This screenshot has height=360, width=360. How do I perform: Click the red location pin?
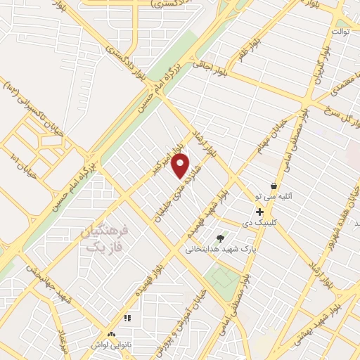click(x=181, y=166)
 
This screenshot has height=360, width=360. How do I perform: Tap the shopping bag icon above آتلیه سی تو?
click(x=274, y=186)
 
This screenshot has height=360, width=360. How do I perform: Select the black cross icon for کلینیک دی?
click(x=260, y=212)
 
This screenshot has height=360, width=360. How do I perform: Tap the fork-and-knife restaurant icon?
click(x=128, y=319)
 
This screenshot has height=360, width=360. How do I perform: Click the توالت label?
click(x=340, y=32)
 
